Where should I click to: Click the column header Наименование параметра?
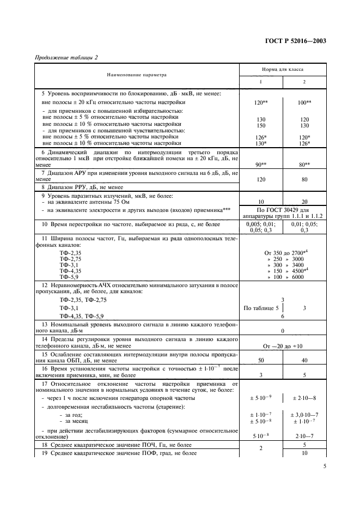coord(136,75)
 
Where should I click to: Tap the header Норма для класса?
coord(283,70)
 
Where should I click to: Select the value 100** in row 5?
coord(304,102)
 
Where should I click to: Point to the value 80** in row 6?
coord(304,164)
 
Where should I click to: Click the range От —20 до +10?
coord(283,346)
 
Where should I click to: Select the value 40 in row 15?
coord(304,361)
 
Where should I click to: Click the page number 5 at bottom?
coord(325,466)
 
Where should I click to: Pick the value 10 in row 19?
coord(304,453)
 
